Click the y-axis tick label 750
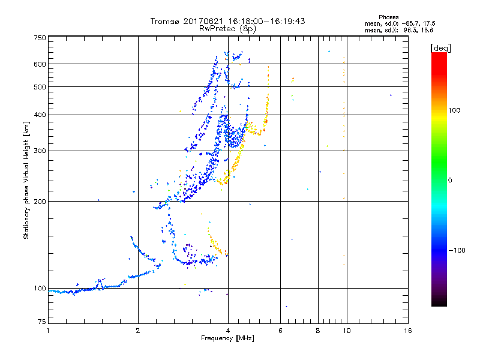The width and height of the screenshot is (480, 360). coord(39,37)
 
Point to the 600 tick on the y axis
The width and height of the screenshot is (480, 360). coord(39,64)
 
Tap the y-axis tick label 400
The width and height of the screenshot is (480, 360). coord(39,115)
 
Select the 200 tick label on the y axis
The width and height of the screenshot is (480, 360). coord(39,201)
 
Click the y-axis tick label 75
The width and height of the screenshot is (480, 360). coord(41,325)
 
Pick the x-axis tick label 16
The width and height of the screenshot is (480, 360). coord(407,331)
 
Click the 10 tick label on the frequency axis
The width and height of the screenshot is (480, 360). coord(346,331)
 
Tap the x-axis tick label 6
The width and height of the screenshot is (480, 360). coord(281,331)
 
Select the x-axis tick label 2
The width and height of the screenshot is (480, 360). coord(138,331)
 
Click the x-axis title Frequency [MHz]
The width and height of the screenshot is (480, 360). coord(227,339)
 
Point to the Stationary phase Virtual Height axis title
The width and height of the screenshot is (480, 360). coord(26,181)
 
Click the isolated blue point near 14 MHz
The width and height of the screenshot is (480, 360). coord(390,95)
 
